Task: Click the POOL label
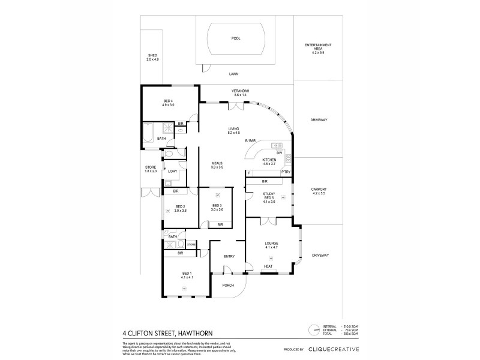coord(236,38)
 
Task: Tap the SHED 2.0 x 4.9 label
coord(152,58)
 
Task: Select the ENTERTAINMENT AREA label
coord(318,49)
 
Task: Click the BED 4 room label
coord(168,103)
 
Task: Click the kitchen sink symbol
coord(277,146)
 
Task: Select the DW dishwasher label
coord(279,154)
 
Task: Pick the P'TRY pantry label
coord(286,173)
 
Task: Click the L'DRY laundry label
coord(172,172)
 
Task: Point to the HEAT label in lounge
coord(268,266)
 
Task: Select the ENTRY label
coord(229,256)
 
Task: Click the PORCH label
coord(227,285)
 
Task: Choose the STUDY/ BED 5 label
coord(268,196)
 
